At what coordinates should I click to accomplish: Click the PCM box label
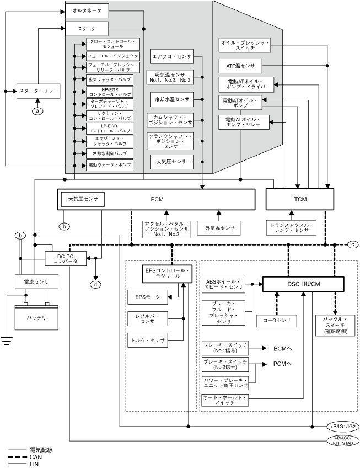click(157, 199)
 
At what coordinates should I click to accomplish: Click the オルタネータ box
click(87, 10)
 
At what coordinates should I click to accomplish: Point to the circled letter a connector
click(38, 111)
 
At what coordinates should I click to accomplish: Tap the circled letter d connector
click(96, 284)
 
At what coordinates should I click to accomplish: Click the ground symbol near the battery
click(7, 341)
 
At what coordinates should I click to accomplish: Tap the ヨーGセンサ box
click(277, 320)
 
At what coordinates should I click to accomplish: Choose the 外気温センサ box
click(219, 228)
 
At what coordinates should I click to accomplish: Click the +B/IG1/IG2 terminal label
click(343, 427)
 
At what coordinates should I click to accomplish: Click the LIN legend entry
click(35, 464)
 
